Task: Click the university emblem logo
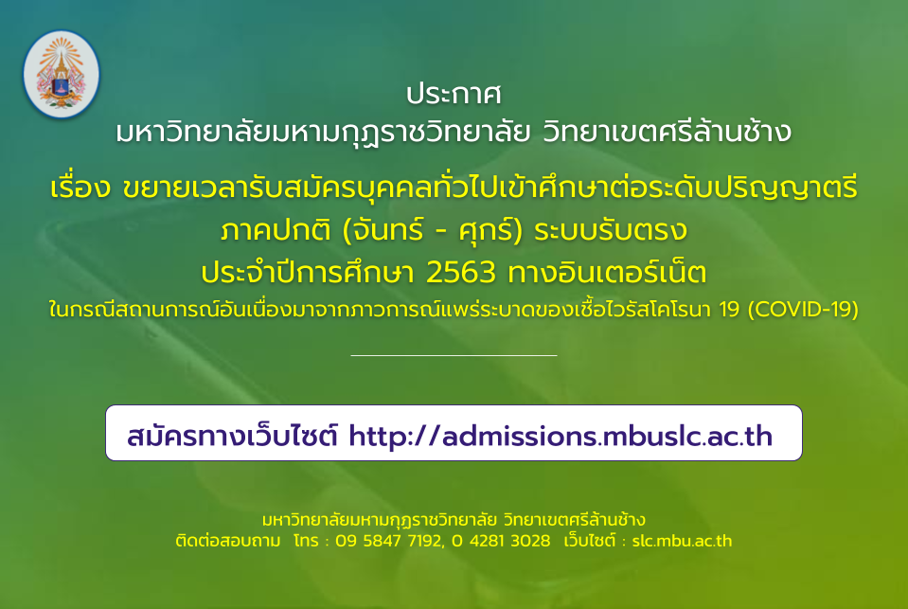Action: [x=61, y=74]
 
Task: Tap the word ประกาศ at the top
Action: [x=454, y=95]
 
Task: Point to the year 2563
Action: [x=461, y=273]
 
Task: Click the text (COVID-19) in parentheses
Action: [x=803, y=309]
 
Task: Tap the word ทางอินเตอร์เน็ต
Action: [x=607, y=271]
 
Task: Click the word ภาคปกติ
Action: [x=276, y=230]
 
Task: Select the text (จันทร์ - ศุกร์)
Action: [x=433, y=230]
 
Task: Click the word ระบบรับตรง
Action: [x=611, y=230]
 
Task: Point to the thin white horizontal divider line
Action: [x=454, y=355]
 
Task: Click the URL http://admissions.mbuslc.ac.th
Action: [x=561, y=436]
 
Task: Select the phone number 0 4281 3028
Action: [x=501, y=541]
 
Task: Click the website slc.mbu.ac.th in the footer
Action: [x=682, y=541]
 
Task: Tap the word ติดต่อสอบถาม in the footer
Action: [x=228, y=541]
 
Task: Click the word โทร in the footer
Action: [x=307, y=541]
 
